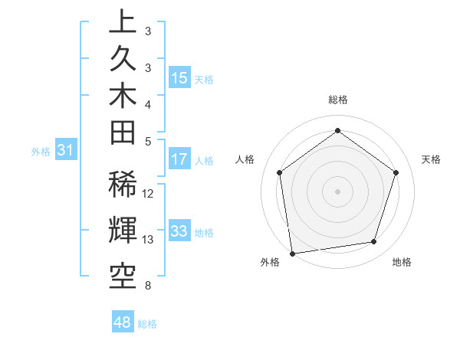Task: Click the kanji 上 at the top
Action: pyautogui.click(x=123, y=21)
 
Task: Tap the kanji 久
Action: pyautogui.click(x=123, y=65)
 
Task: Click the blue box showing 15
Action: pyautogui.click(x=179, y=78)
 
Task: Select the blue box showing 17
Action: pyautogui.click(x=179, y=160)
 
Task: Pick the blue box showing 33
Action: pyautogui.click(x=179, y=232)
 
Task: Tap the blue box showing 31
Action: pyautogui.click(x=65, y=151)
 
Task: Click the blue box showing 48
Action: pyautogui.click(x=123, y=322)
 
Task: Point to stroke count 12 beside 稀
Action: pyautogui.click(x=149, y=194)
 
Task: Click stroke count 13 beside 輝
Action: pyautogui.click(x=149, y=240)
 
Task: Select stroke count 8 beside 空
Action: pyautogui.click(x=147, y=286)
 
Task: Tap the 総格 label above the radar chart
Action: pyautogui.click(x=338, y=100)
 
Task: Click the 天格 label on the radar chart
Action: pyautogui.click(x=431, y=159)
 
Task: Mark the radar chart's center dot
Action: pyautogui.click(x=338, y=191)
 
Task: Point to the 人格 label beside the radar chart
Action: pyautogui.click(x=245, y=159)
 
